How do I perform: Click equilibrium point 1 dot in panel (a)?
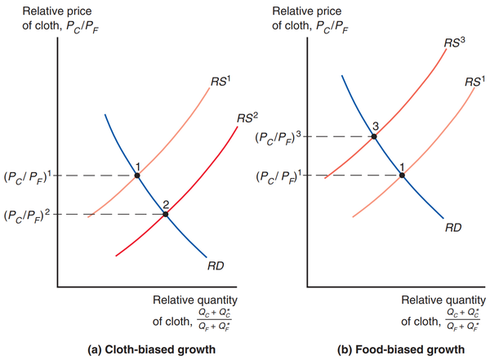137,176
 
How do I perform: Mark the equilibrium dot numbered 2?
166,214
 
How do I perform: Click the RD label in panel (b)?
455,228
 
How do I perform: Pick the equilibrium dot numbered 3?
374,136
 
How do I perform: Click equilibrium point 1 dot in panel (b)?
402,175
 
